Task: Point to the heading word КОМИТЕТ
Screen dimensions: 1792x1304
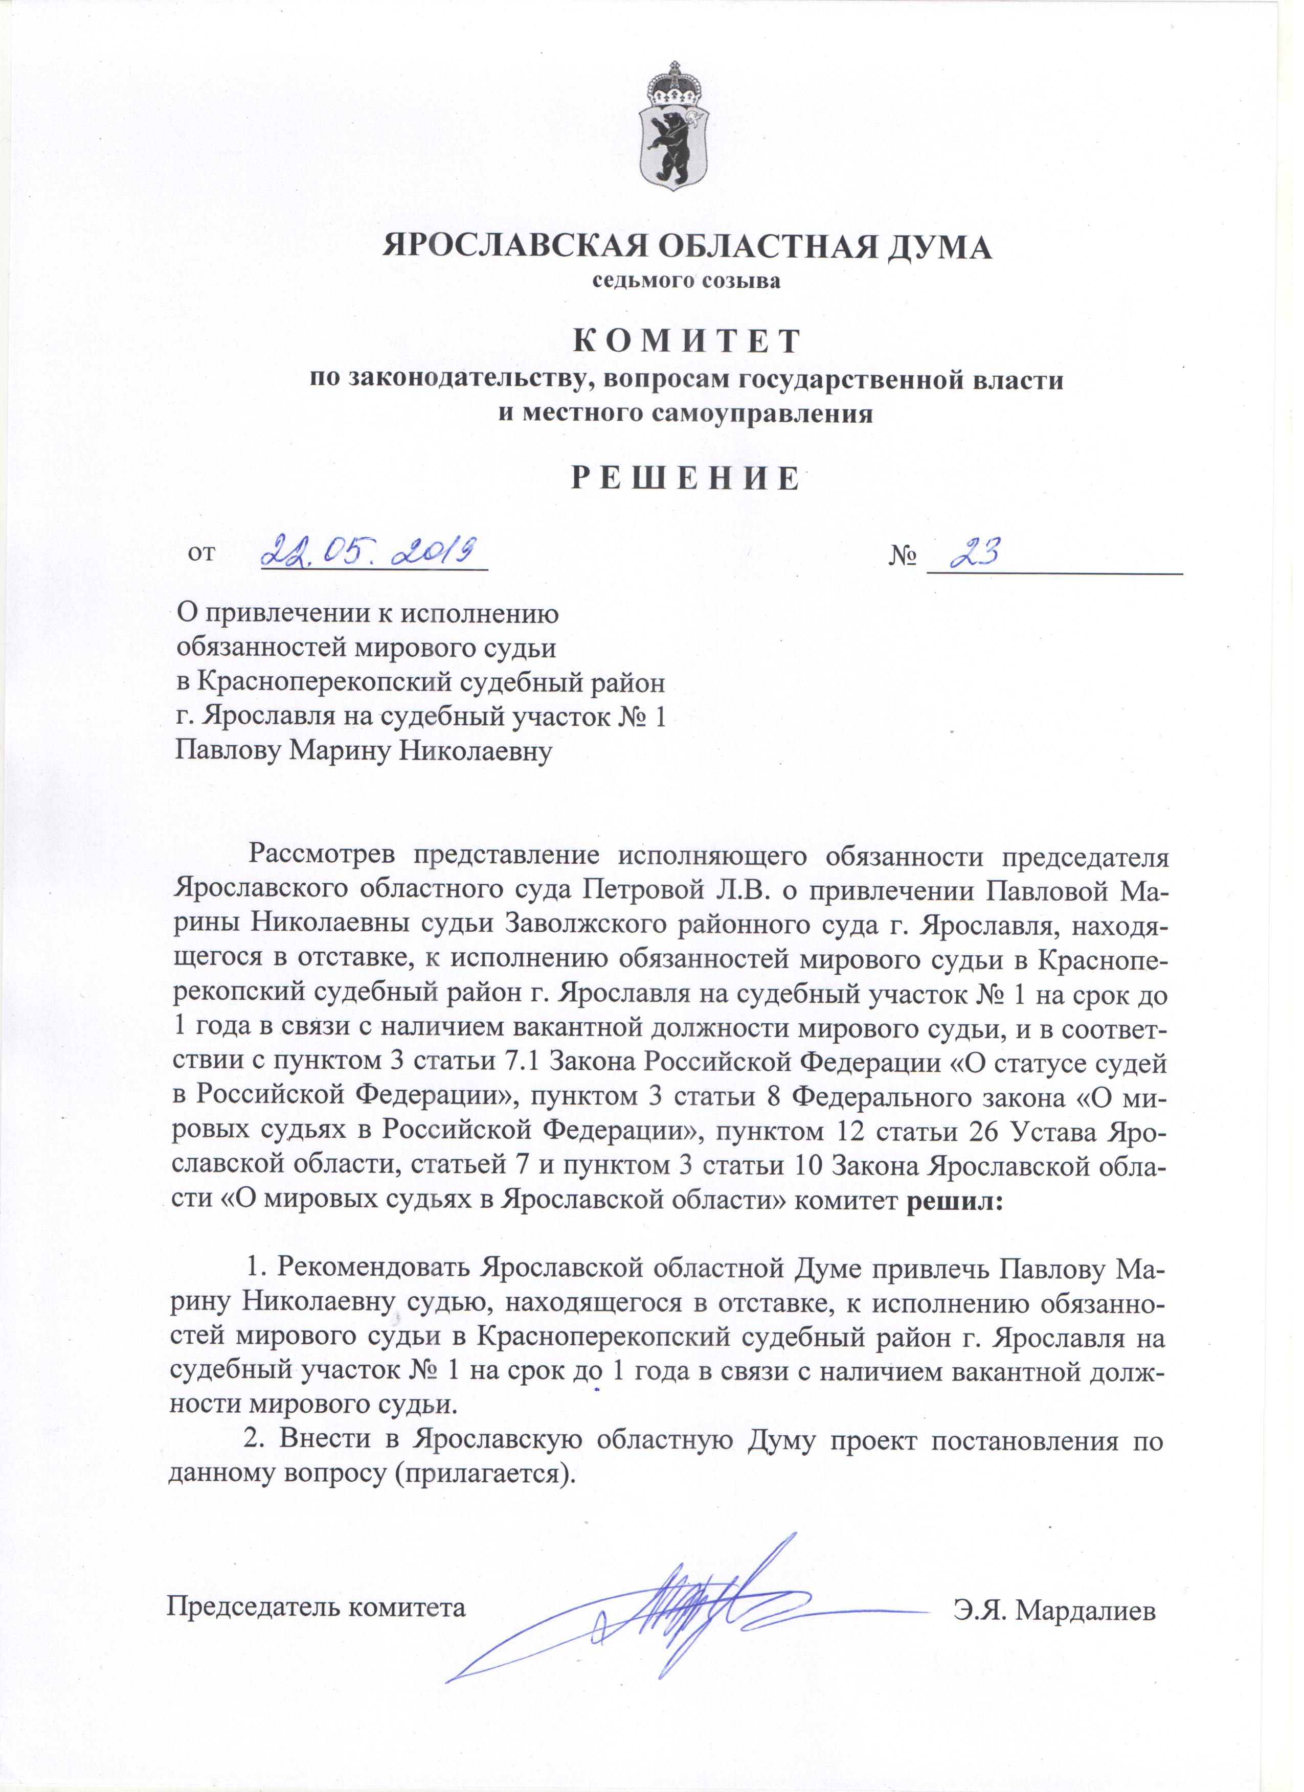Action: tap(685, 341)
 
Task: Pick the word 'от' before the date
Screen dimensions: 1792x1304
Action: tap(201, 553)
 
